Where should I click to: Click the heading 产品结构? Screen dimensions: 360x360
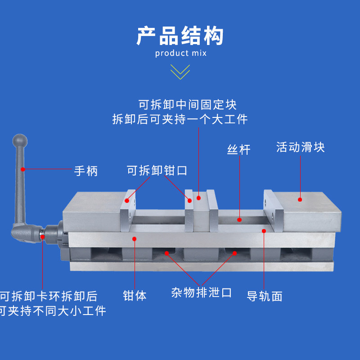180,36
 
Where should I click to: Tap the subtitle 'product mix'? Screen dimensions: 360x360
180,54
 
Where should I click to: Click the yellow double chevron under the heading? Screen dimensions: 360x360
180,72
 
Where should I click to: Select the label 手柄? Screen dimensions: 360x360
85,171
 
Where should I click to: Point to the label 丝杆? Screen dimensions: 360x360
238,149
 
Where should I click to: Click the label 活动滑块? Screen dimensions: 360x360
300,147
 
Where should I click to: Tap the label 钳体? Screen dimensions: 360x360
135,296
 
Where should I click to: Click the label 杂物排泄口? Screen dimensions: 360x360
202,293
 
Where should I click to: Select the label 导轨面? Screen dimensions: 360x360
265,296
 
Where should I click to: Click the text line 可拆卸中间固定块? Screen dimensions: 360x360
187,105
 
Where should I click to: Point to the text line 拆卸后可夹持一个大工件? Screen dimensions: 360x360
180,119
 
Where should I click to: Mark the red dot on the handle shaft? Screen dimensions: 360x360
22,169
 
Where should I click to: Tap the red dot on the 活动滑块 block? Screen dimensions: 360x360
300,198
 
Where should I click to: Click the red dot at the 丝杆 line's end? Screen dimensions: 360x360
240,220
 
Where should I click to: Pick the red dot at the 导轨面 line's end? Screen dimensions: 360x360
264,230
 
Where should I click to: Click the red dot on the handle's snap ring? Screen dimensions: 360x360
42,236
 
